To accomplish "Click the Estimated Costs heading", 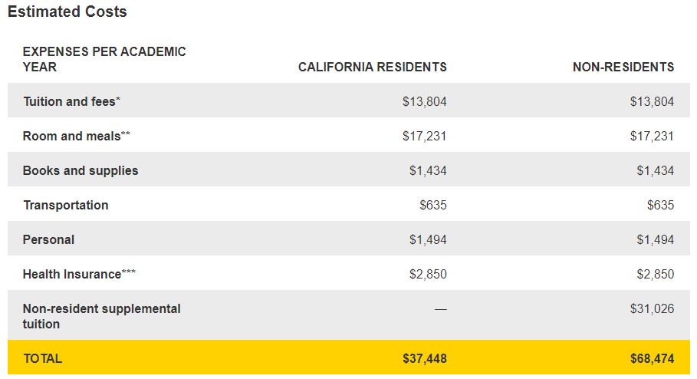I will tap(67, 12).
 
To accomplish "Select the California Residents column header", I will tap(372, 67).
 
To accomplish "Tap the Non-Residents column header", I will tap(623, 67).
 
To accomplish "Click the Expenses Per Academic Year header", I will tap(104, 59).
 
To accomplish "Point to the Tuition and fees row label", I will tap(72, 101).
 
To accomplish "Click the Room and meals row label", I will tap(76, 136).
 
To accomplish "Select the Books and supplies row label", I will tap(81, 170).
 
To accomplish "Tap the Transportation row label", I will tap(66, 205).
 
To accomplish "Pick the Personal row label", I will tap(48, 239).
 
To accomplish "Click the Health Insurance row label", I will tap(79, 274).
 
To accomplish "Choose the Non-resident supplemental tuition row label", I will tap(101, 316).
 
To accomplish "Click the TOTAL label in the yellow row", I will tap(42, 358).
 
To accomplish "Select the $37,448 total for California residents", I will tap(424, 358).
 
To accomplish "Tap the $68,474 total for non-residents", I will tap(652, 358).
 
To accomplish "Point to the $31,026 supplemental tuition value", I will tap(652, 308).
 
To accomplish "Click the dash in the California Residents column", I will tap(440, 309).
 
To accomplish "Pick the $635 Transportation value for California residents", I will tap(432, 205).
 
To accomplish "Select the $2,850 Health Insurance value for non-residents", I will tap(655, 274).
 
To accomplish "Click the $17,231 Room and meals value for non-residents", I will tap(652, 136).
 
